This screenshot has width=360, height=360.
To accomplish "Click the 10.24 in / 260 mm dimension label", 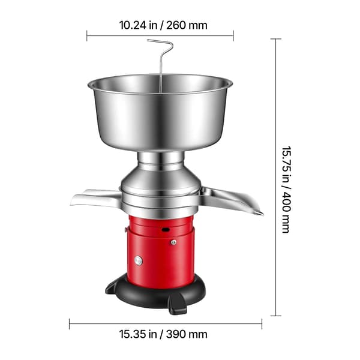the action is [x=163, y=25].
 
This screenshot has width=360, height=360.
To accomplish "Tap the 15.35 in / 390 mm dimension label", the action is [x=163, y=334].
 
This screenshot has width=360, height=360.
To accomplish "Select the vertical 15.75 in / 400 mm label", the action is [x=286, y=190].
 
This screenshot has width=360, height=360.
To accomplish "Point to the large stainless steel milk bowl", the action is [x=160, y=113].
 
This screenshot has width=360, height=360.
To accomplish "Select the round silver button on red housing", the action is [x=139, y=261].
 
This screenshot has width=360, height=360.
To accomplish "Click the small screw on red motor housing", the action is [x=174, y=242].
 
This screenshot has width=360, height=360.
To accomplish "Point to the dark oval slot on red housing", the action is [x=166, y=229].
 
